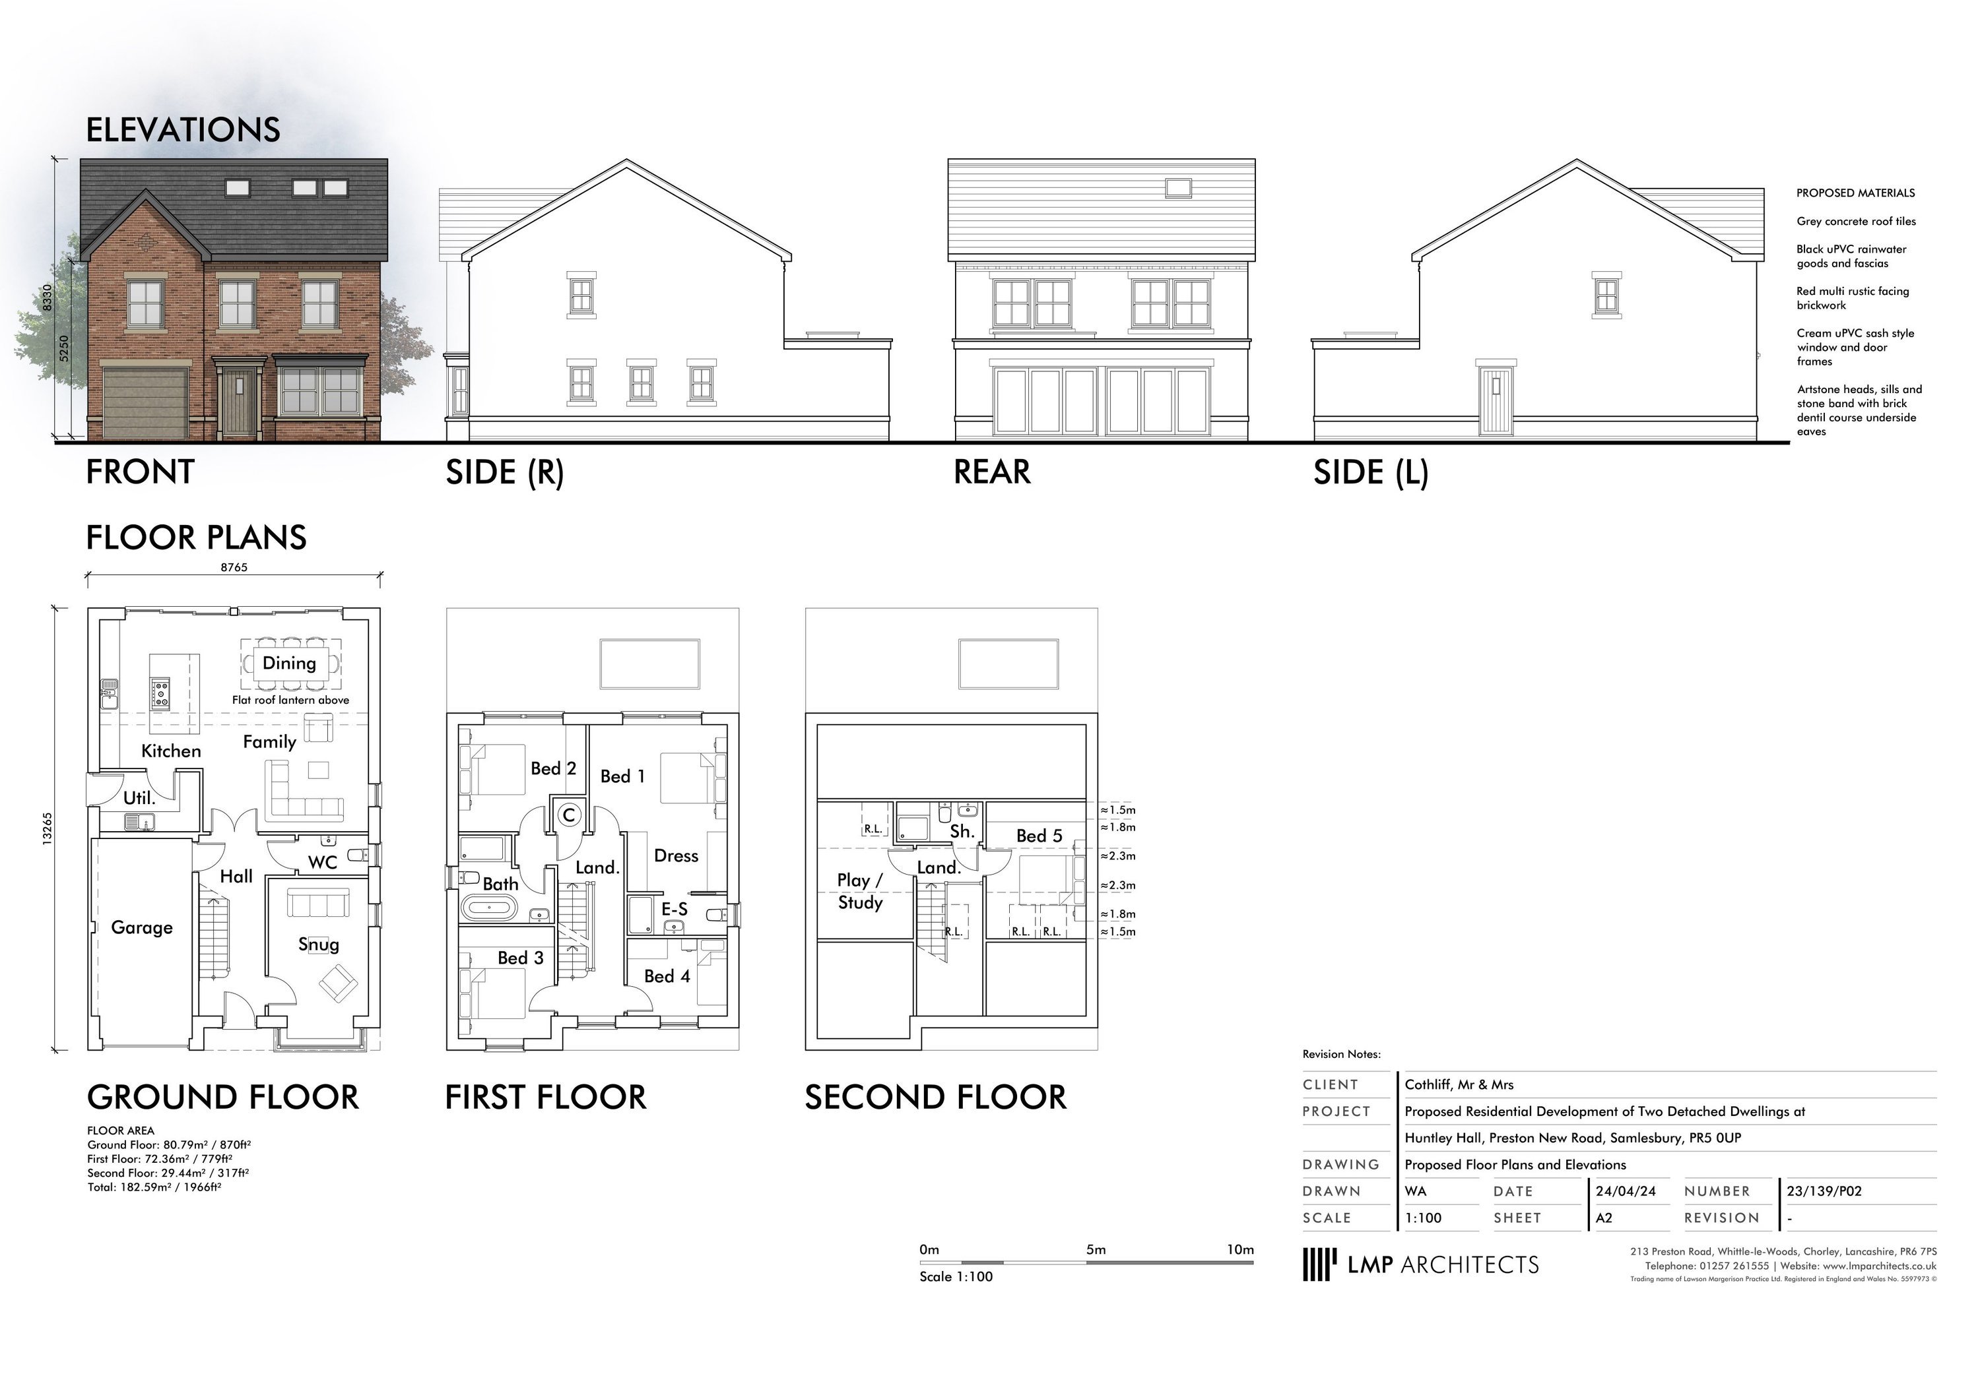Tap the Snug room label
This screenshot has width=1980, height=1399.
pyautogui.click(x=318, y=944)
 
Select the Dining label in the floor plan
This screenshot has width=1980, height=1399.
pyautogui.click(x=289, y=663)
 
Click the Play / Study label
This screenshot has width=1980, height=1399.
pyautogui.click(x=860, y=891)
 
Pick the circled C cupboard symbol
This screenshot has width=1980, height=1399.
pyautogui.click(x=568, y=815)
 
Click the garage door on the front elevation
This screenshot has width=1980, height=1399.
pyautogui.click(x=145, y=402)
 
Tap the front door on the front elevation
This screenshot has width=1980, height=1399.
pyautogui.click(x=239, y=404)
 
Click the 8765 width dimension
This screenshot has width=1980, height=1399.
pyautogui.click(x=234, y=567)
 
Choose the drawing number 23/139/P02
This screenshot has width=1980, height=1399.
pyautogui.click(x=1824, y=1191)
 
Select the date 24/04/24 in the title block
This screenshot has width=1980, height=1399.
pyautogui.click(x=1626, y=1191)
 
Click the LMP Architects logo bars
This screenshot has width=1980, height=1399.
pyautogui.click(x=1319, y=1264)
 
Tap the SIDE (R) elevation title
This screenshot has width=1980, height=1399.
pyautogui.click(x=504, y=472)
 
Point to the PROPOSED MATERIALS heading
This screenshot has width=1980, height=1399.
pyautogui.click(x=1855, y=193)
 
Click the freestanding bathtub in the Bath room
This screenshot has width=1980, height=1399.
pyautogui.click(x=489, y=908)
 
